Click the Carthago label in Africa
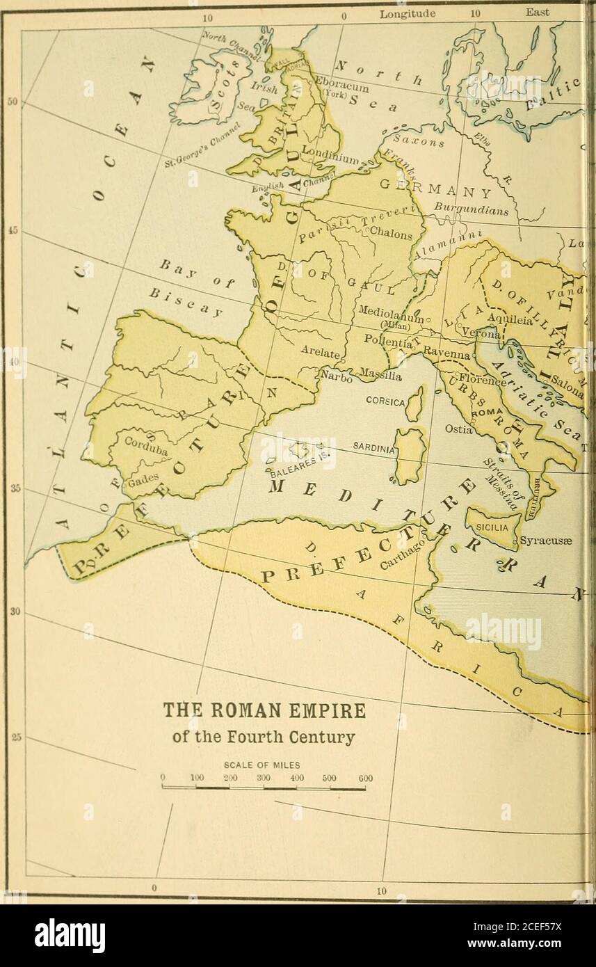pos(398,554)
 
